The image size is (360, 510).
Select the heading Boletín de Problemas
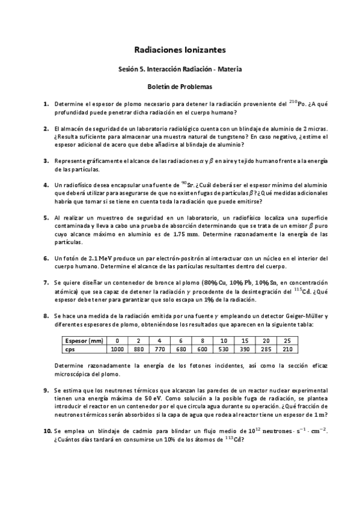click(x=180, y=86)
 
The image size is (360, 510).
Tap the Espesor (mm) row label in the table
click(x=84, y=340)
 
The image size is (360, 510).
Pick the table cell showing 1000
click(x=117, y=349)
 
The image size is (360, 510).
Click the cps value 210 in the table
click(x=287, y=349)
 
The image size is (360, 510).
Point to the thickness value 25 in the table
click(x=287, y=340)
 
